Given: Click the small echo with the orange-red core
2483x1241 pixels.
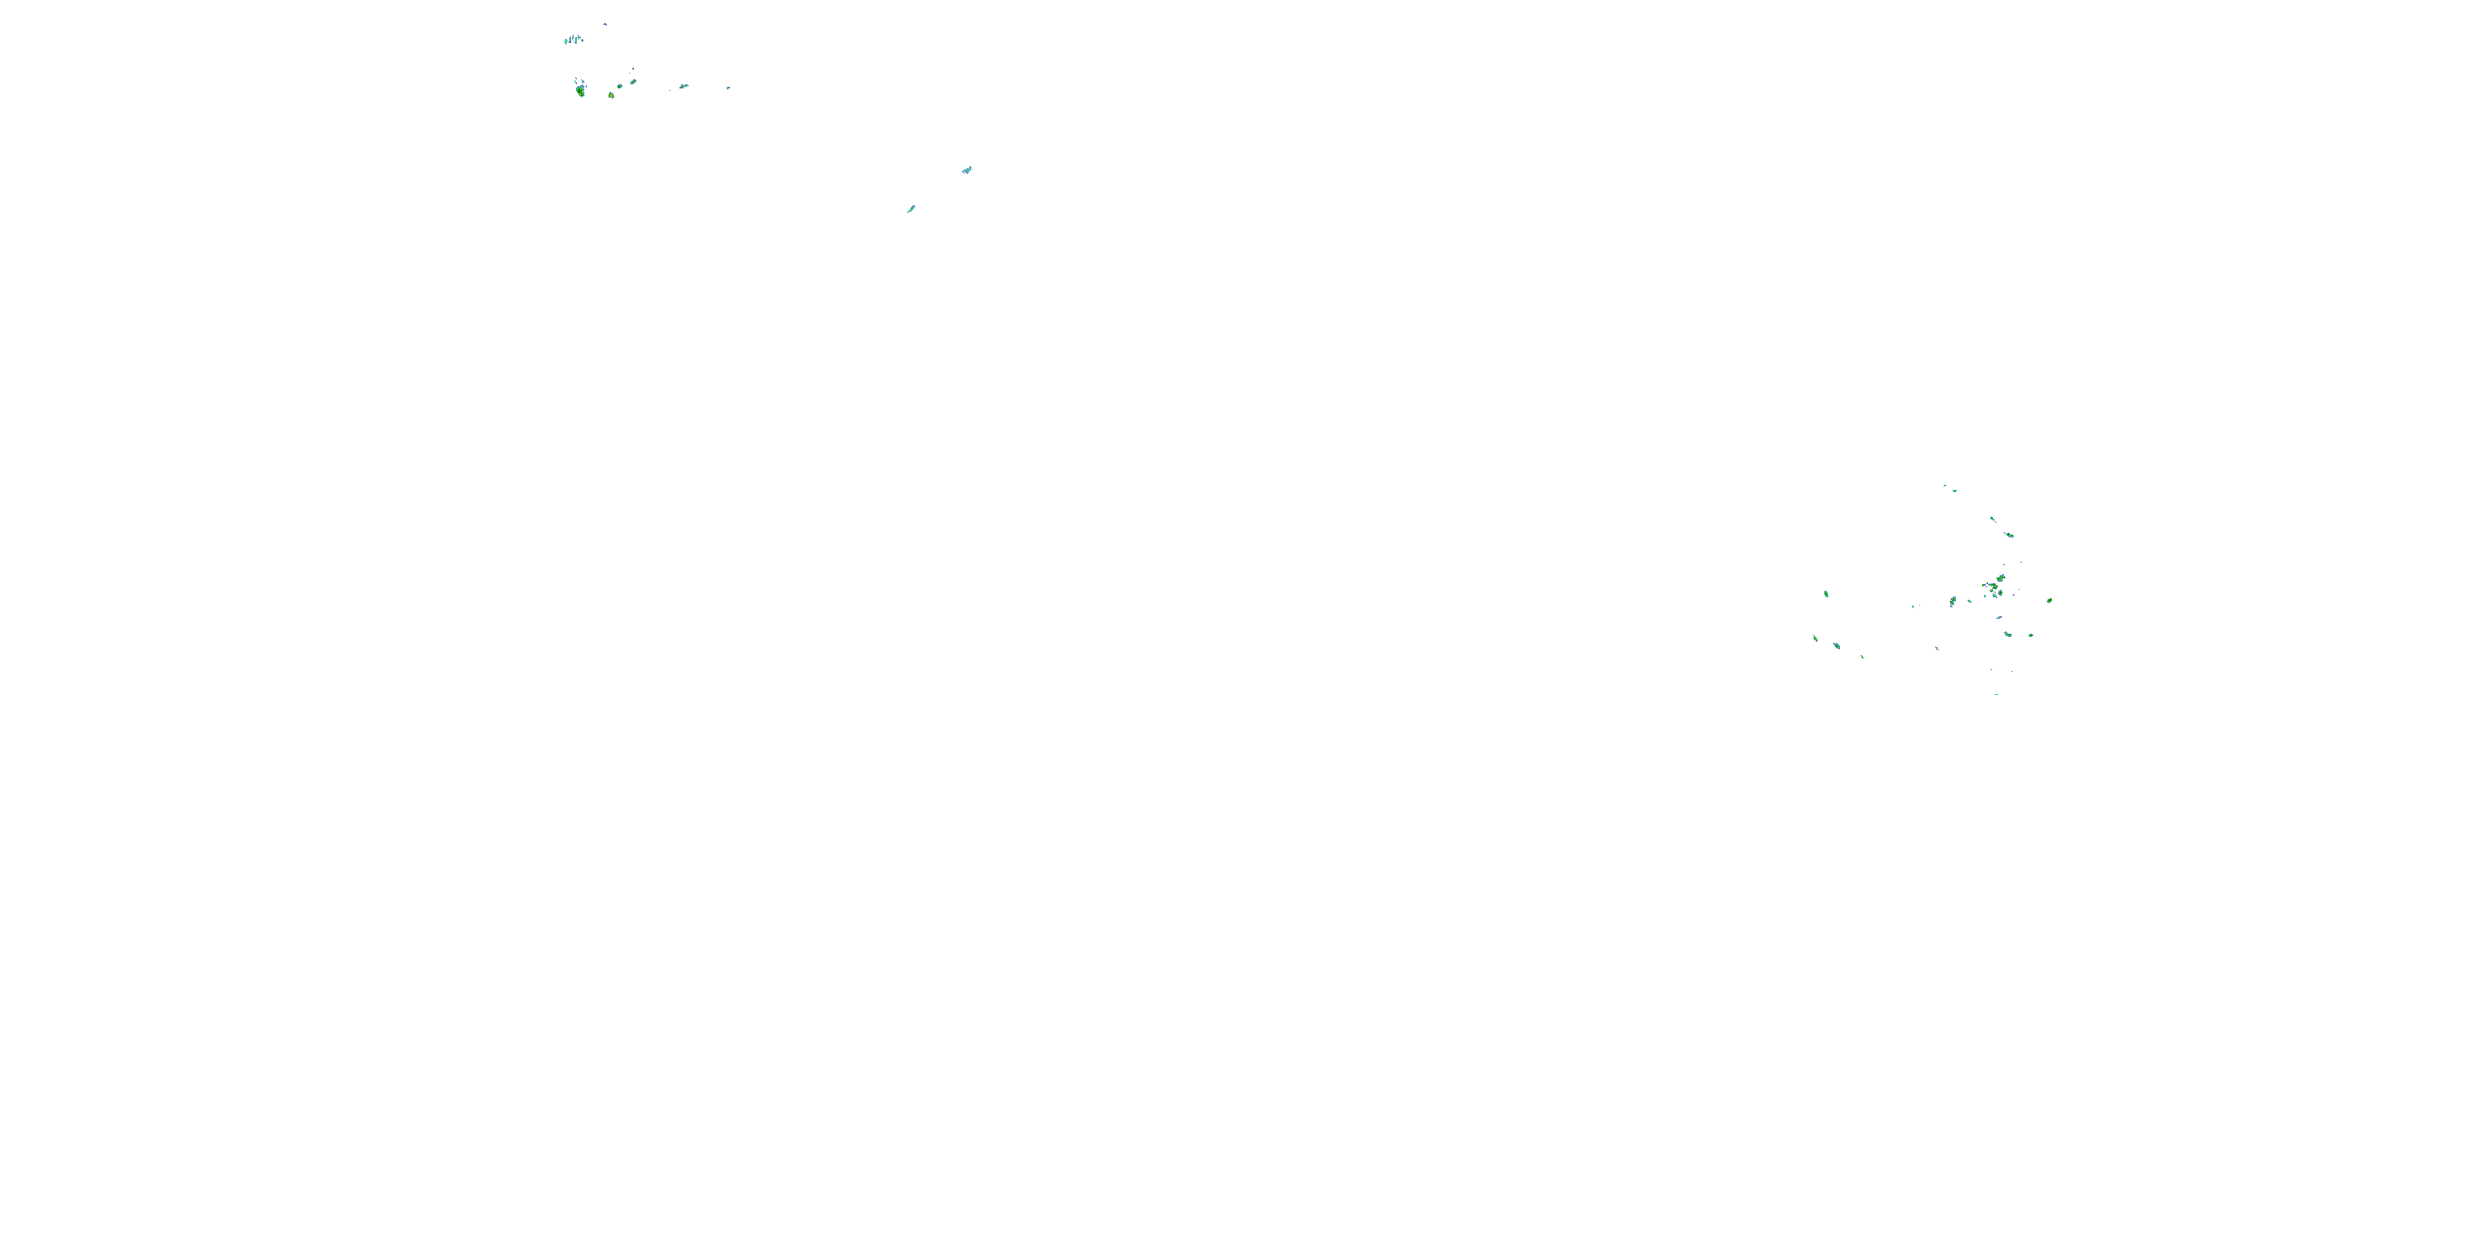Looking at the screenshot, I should (611, 95).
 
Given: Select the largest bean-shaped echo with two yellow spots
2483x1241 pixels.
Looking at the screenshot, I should (580, 90).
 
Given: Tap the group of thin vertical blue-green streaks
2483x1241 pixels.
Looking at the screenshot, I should (574, 40).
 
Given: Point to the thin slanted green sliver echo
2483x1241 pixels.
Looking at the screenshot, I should (910, 208).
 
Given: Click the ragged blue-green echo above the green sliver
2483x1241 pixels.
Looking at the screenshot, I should (967, 170).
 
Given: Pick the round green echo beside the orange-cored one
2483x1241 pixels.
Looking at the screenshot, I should (620, 86).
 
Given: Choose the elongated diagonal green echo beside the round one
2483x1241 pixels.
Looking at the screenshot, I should (633, 82).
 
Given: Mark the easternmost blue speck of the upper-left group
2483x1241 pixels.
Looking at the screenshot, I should (728, 88).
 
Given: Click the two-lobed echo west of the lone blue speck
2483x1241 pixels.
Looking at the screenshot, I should (684, 86).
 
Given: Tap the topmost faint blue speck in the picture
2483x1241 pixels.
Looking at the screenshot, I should (604, 24).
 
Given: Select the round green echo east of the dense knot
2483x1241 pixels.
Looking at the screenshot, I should (2049, 601).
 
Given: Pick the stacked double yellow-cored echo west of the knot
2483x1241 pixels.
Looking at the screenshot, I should (1952, 601).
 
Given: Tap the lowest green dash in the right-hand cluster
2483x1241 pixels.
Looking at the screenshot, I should (1996, 694).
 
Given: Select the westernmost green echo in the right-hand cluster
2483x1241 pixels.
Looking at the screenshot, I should (1815, 638).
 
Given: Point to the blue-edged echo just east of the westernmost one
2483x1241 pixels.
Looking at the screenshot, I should (1837, 644).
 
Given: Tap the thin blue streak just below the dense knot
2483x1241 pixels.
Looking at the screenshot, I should (1999, 618).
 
